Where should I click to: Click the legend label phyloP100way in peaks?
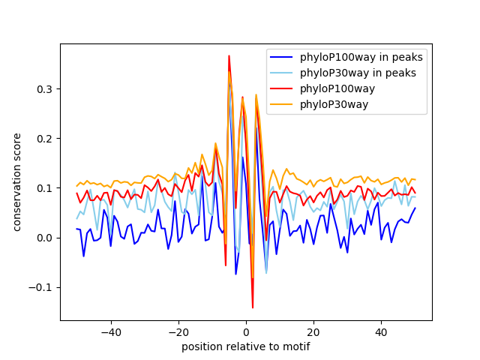point(361,57)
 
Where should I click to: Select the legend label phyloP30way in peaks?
point(358,73)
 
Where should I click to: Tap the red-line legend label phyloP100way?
point(337,88)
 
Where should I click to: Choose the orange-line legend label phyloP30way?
point(334,105)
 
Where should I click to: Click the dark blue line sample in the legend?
point(281,57)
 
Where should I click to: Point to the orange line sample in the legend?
point(281,105)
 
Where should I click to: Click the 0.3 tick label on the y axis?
point(44,89)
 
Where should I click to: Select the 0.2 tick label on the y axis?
point(44,139)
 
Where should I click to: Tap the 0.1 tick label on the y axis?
point(44,188)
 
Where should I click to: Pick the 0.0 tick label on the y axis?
point(44,238)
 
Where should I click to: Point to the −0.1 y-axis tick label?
point(40,287)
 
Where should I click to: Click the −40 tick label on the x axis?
point(111,332)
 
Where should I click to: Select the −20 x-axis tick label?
point(178,332)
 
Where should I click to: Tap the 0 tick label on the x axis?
point(246,332)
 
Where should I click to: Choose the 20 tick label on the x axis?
point(313,332)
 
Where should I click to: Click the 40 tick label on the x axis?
point(382,332)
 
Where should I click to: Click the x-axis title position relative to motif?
point(246,346)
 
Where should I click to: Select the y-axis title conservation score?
point(16,182)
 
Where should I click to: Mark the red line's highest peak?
point(229,55)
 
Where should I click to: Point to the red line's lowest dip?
point(253,307)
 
